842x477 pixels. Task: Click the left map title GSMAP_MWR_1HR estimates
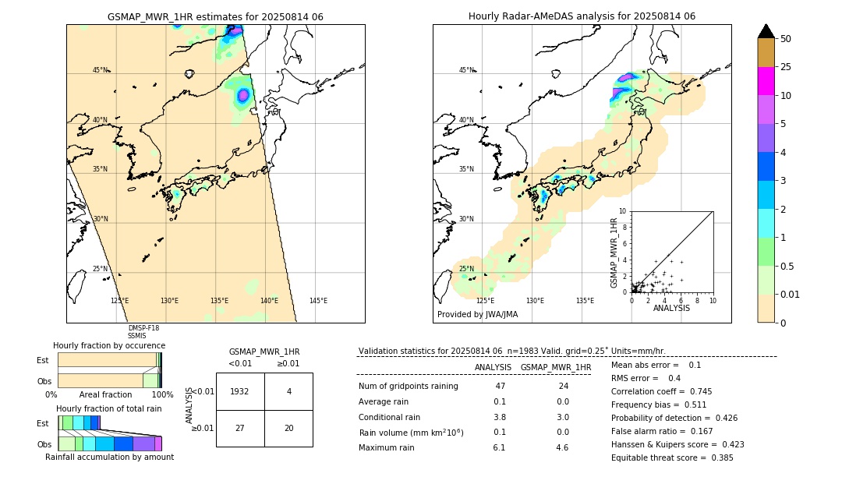(x=215, y=16)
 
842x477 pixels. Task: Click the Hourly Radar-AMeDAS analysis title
(x=582, y=16)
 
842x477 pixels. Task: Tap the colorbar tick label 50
(x=786, y=39)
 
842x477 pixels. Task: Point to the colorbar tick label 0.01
(x=789, y=294)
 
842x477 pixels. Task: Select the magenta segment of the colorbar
(x=766, y=81)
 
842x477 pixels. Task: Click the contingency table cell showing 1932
(x=240, y=391)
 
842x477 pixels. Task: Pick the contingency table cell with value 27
(x=240, y=428)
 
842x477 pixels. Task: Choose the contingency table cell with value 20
(x=288, y=428)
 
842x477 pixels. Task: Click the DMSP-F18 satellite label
(x=143, y=328)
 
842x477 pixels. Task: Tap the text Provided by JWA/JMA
(x=477, y=315)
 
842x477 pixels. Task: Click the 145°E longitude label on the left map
(x=318, y=301)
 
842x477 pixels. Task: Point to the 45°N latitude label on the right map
(x=465, y=70)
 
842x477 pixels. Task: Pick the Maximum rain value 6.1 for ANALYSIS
(x=499, y=447)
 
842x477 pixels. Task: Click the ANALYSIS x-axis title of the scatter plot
(x=671, y=308)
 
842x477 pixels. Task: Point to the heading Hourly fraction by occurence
(x=109, y=345)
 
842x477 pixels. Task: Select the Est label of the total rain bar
(x=43, y=422)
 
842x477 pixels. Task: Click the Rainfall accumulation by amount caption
(x=109, y=457)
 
